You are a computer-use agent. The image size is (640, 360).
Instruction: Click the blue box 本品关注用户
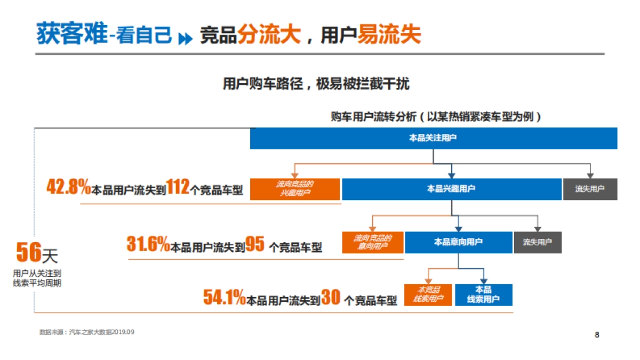434,138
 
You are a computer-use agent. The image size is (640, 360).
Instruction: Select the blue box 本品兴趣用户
451,189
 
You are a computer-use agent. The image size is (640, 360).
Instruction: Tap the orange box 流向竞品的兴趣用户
294,189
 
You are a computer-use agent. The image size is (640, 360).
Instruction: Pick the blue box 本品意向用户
458,242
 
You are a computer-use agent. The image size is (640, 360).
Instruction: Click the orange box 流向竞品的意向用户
373,242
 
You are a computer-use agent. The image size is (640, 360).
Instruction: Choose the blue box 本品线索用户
483,294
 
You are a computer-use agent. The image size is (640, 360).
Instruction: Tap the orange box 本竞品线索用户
428,294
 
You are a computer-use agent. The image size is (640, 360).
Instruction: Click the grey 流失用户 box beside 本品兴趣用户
590,189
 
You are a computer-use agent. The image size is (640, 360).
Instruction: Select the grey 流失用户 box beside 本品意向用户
538,242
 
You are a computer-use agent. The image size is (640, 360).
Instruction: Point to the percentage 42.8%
69,188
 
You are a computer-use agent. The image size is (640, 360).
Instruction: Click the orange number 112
178,188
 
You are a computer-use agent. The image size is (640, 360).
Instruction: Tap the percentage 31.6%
148,244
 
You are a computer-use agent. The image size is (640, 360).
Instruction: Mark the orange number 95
255,244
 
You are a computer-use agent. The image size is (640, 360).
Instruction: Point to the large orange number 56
29,253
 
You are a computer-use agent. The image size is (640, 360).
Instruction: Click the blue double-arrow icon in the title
185,38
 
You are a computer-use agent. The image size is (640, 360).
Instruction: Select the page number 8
597,335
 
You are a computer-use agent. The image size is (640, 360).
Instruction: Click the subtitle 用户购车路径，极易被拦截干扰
316,84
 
